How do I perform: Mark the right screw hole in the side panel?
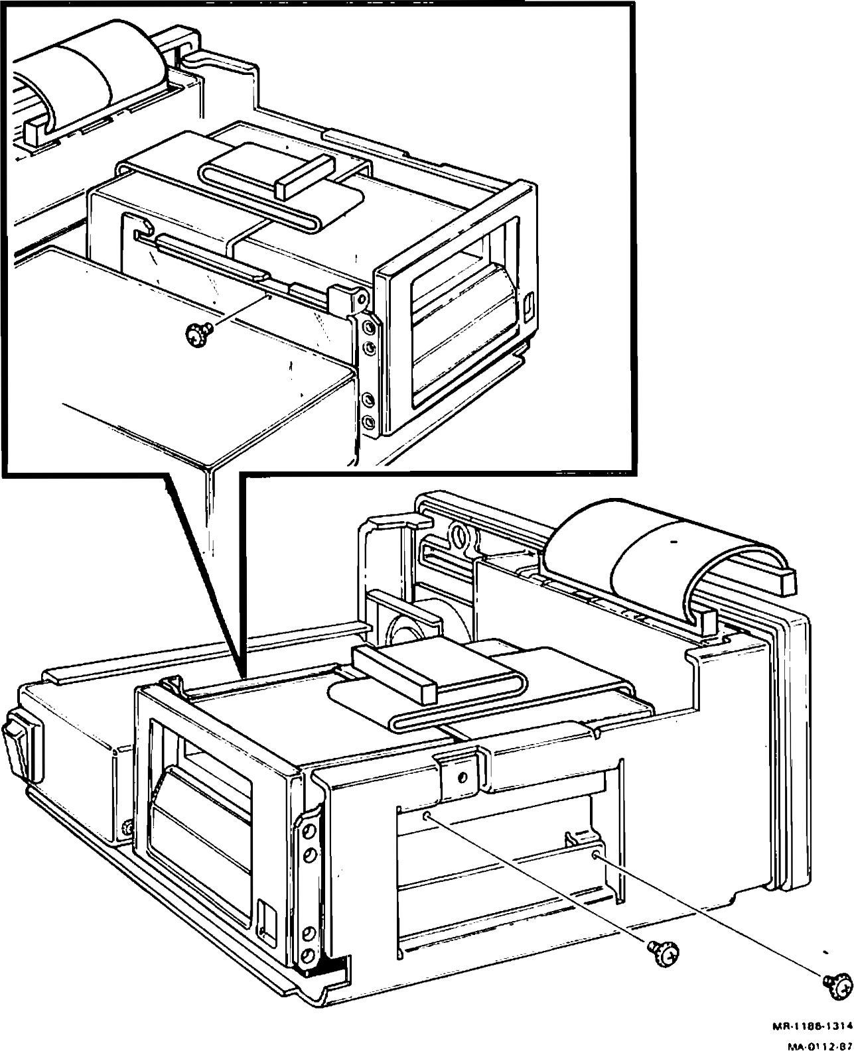(x=595, y=855)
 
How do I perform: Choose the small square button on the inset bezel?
(x=528, y=308)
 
